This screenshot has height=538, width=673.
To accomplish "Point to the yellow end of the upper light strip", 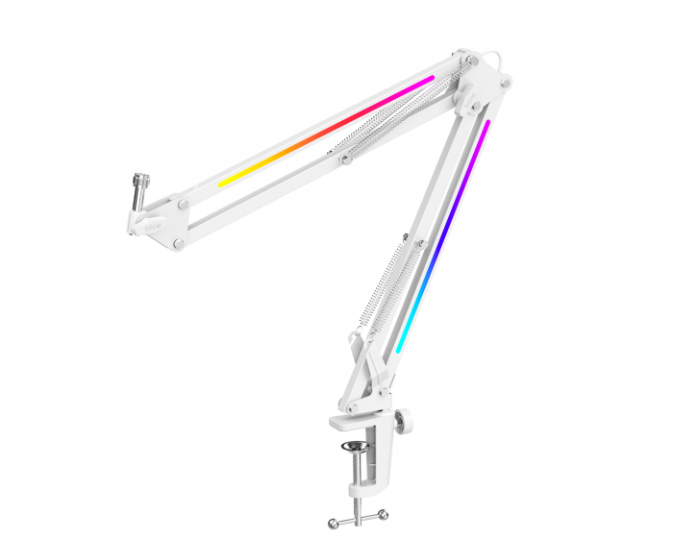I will [223, 181].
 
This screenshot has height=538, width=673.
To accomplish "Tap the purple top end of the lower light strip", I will [486, 125].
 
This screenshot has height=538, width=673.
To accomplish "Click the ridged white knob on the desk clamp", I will [404, 421].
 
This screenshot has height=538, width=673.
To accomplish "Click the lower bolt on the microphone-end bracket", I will [179, 244].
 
